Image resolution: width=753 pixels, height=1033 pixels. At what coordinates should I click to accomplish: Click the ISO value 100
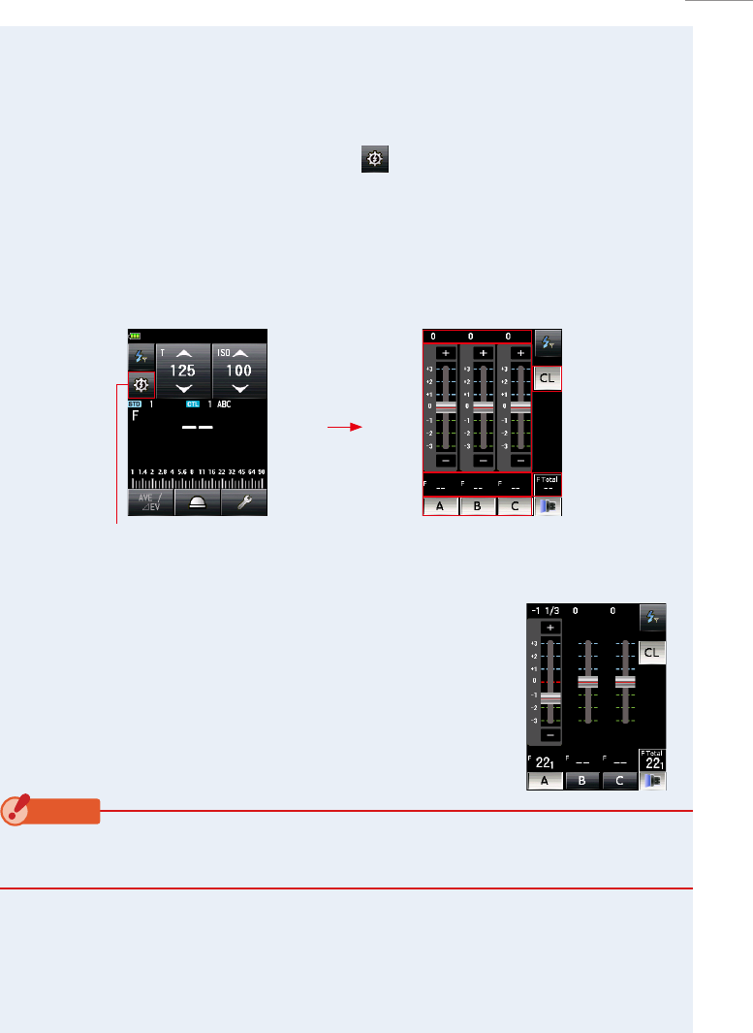pos(239,371)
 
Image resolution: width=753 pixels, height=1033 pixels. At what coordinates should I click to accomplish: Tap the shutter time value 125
pos(183,371)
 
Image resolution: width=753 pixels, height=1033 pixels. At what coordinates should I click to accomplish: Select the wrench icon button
pos(244,502)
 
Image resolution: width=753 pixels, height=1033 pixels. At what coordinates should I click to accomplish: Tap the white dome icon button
pos(197,502)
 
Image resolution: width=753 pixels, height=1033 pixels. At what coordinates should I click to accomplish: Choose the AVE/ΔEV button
pos(150,502)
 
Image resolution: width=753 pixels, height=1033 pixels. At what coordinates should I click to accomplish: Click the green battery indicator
pos(134,337)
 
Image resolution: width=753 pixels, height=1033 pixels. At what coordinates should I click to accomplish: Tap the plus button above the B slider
pos(483,353)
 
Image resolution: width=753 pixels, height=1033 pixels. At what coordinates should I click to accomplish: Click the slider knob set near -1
pos(550,697)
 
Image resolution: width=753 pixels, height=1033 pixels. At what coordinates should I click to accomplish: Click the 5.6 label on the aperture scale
pos(182,472)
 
